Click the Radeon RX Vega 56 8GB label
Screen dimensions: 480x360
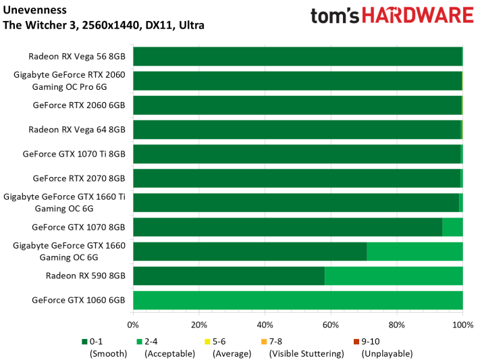[77, 56]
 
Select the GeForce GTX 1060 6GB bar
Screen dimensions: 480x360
[298, 301]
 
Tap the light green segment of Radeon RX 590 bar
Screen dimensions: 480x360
[394, 276]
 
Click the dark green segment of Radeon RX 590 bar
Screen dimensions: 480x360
[229, 276]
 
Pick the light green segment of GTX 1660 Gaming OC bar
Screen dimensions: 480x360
[415, 251]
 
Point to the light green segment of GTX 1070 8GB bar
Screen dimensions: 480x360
[452, 227]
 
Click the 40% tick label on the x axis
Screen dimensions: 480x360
[265, 325]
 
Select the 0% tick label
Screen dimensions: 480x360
[133, 325]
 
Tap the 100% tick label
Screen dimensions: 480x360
[463, 325]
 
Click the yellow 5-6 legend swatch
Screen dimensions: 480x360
[207, 341]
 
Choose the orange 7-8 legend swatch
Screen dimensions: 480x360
[264, 341]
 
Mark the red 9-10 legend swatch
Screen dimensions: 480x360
[356, 341]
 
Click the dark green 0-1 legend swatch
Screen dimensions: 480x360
[84, 341]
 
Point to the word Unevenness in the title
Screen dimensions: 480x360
[34, 10]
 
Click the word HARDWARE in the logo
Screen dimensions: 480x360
[418, 16]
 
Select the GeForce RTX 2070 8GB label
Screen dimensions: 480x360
[79, 178]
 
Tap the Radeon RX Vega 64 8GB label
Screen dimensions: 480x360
[77, 130]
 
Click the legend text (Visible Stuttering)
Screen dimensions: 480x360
[306, 353]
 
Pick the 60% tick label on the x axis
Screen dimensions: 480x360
[331, 325]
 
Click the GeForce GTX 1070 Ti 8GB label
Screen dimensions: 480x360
[74, 154]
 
